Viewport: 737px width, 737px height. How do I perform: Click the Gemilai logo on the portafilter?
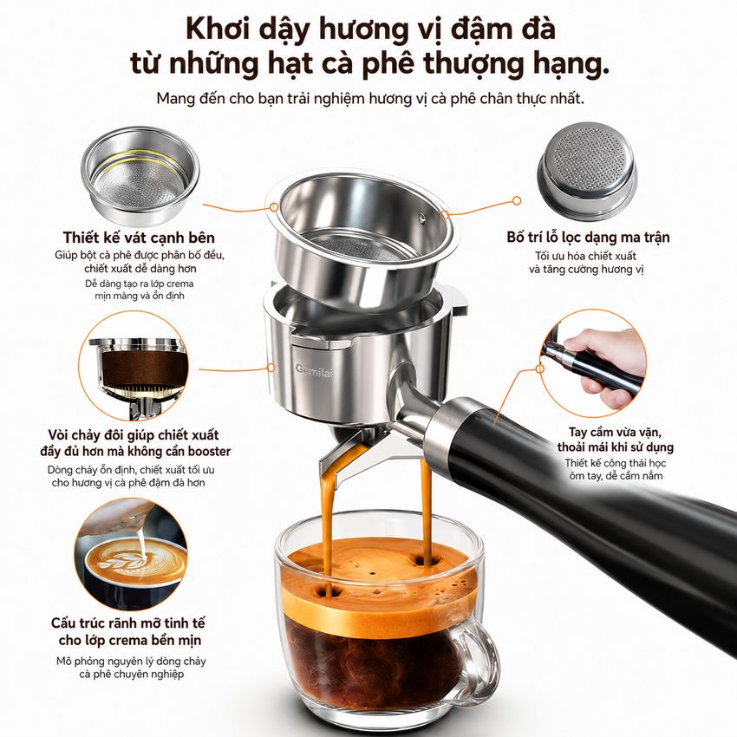point(314,371)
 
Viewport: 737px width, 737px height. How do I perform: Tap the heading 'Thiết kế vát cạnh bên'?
point(139,238)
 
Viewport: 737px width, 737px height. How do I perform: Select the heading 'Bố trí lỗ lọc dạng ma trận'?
point(588,237)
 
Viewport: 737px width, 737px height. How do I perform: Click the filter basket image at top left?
point(140,175)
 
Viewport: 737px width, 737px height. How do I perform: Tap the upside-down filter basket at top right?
point(588,171)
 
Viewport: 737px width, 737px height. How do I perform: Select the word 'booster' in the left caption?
point(209,451)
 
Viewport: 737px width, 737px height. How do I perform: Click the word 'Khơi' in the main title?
point(217,29)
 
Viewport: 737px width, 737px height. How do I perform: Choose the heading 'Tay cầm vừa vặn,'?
point(616,432)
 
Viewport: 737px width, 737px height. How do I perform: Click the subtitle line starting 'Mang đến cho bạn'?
point(370,99)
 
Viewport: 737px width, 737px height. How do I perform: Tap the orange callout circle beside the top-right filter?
point(517,201)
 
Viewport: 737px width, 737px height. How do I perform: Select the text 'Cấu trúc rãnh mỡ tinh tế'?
point(128,623)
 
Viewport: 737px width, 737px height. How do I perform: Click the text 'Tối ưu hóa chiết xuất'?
point(585,256)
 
